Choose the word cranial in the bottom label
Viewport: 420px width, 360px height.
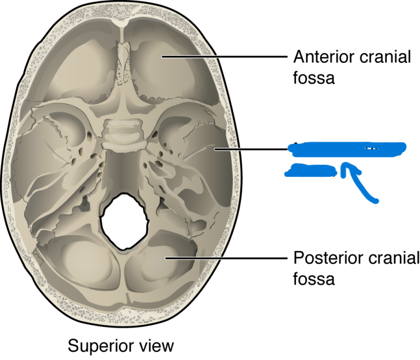click(390, 257)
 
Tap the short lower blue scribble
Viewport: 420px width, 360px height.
click(311, 171)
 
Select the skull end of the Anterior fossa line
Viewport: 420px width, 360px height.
click(162, 56)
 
